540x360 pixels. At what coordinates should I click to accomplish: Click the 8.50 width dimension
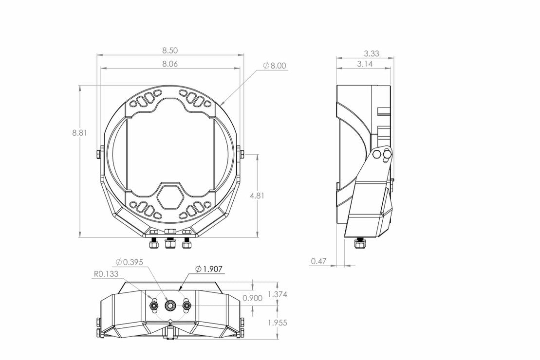click(x=170, y=50)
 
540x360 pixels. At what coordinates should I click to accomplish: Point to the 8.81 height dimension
click(x=79, y=132)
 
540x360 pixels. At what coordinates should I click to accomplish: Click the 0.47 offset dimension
click(x=318, y=261)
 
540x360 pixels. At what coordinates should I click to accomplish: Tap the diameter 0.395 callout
click(x=130, y=262)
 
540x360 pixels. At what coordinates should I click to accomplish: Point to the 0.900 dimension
click(x=253, y=298)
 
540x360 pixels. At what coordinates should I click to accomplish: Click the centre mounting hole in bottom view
click(x=170, y=305)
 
